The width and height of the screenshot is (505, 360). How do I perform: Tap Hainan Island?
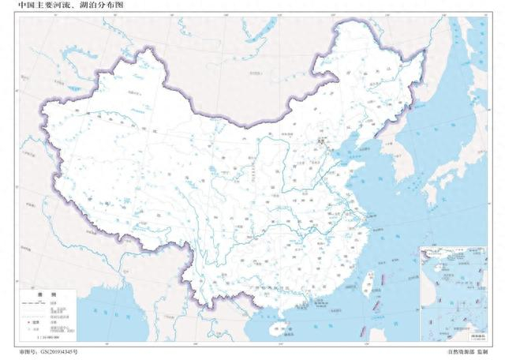[x=277, y=325]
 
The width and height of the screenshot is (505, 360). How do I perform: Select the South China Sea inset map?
[x=452, y=293]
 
